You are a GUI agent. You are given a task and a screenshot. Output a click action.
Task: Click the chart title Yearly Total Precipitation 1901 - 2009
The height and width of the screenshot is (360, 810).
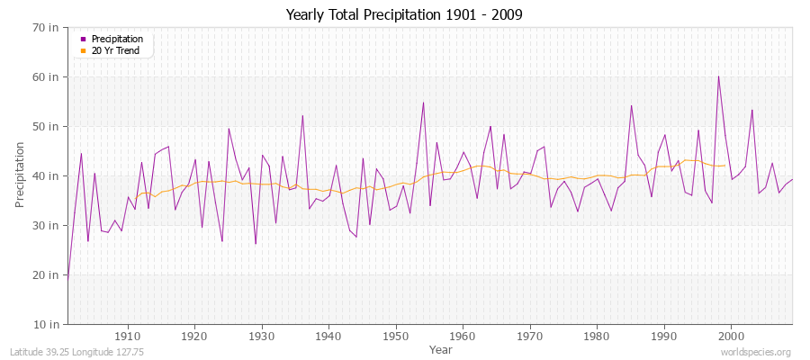(404, 15)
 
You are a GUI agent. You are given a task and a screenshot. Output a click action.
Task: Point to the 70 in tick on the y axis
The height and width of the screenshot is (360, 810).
(48, 27)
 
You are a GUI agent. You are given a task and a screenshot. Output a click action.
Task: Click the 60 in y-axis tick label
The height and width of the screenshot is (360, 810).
(48, 76)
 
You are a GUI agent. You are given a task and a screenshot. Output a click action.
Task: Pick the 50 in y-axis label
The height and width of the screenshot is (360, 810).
(48, 126)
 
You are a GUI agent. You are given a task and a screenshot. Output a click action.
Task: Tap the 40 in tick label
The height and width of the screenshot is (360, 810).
(48, 175)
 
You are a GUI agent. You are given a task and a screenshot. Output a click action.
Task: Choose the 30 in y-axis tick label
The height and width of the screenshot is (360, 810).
(48, 225)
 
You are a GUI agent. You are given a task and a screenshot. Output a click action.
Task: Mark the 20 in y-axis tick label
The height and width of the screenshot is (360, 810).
(48, 274)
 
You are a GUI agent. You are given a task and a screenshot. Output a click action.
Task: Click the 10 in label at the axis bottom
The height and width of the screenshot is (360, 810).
(48, 324)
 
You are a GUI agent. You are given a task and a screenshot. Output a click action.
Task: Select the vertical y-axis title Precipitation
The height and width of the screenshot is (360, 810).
(21, 175)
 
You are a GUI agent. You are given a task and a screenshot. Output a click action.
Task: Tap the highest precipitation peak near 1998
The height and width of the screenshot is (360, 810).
(718, 76)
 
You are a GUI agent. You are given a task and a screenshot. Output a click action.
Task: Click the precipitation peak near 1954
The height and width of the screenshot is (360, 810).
(423, 102)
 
